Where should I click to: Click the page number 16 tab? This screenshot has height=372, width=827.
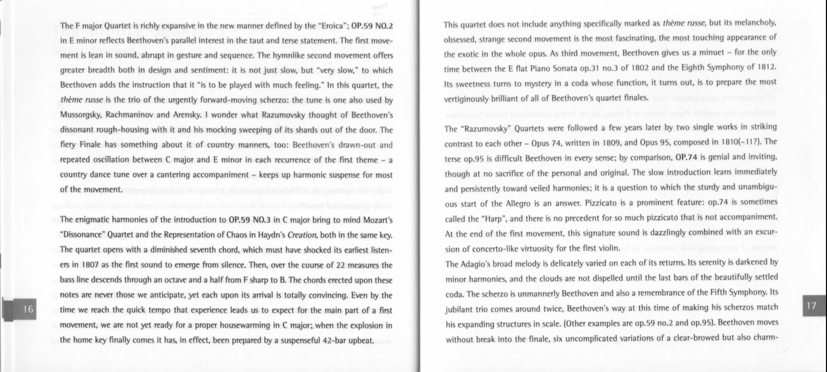coord(29,309)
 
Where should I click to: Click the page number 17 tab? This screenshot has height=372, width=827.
coord(811,305)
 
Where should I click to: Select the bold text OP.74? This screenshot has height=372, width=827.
coord(689,156)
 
